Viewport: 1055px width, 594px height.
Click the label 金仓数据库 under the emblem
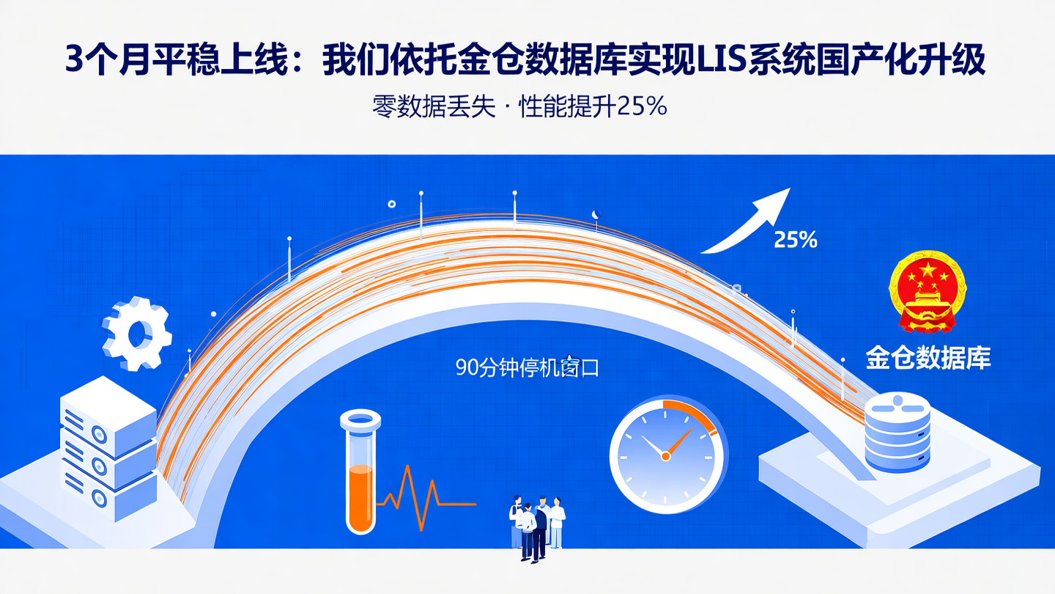pyautogui.click(x=928, y=358)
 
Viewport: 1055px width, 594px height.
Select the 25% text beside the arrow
pyautogui.click(x=796, y=240)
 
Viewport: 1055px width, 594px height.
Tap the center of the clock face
pyautogui.click(x=665, y=455)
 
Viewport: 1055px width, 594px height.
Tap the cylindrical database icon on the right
pyautogui.click(x=897, y=433)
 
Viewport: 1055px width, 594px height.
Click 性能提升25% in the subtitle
pyautogui.click(x=592, y=107)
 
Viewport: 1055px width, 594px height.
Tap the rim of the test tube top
pyautogui.click(x=360, y=419)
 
